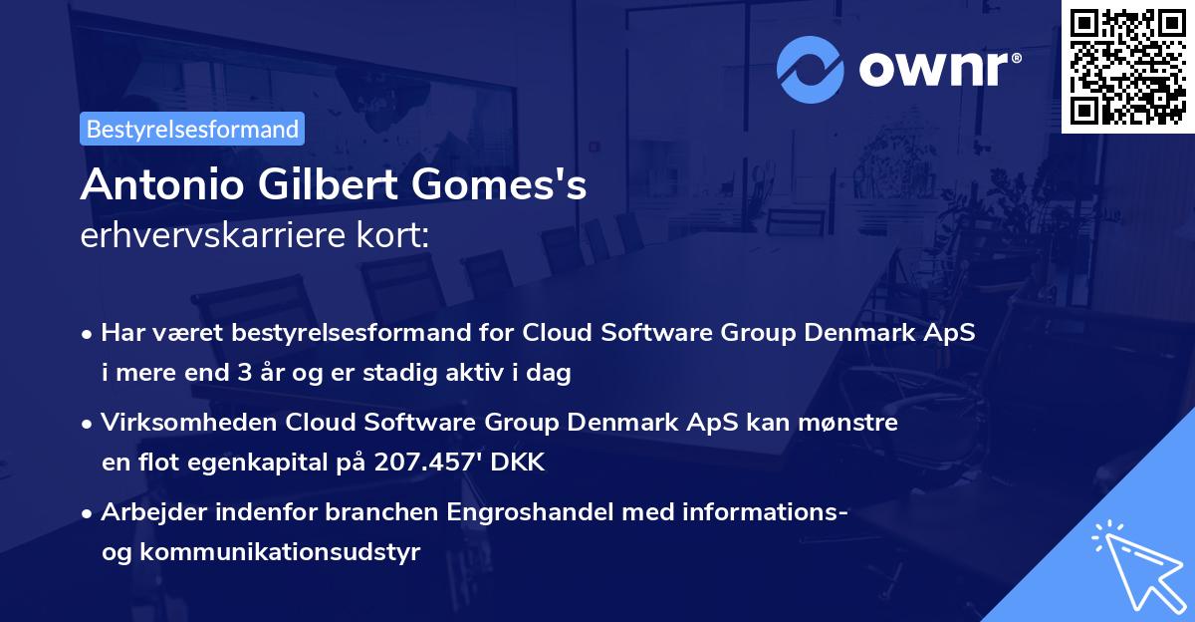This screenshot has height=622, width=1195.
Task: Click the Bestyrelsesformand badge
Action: (x=192, y=129)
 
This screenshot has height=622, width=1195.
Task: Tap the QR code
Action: (x=1128, y=66)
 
